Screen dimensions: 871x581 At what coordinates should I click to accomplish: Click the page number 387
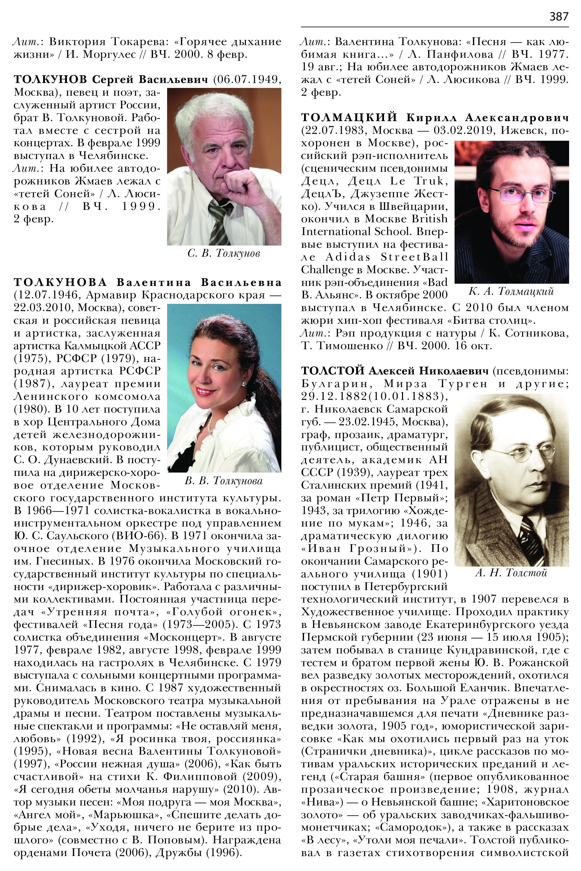click(x=559, y=16)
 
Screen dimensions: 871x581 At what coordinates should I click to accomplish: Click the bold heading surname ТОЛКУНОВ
click(x=50, y=79)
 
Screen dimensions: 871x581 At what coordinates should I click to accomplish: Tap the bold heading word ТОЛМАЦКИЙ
click(x=349, y=118)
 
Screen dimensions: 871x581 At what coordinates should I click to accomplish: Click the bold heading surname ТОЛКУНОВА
click(x=60, y=282)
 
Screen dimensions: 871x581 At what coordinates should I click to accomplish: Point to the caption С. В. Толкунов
click(x=224, y=254)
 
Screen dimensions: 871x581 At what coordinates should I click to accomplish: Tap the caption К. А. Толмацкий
click(x=511, y=292)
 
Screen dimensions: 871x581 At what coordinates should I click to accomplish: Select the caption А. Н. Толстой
click(x=511, y=573)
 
